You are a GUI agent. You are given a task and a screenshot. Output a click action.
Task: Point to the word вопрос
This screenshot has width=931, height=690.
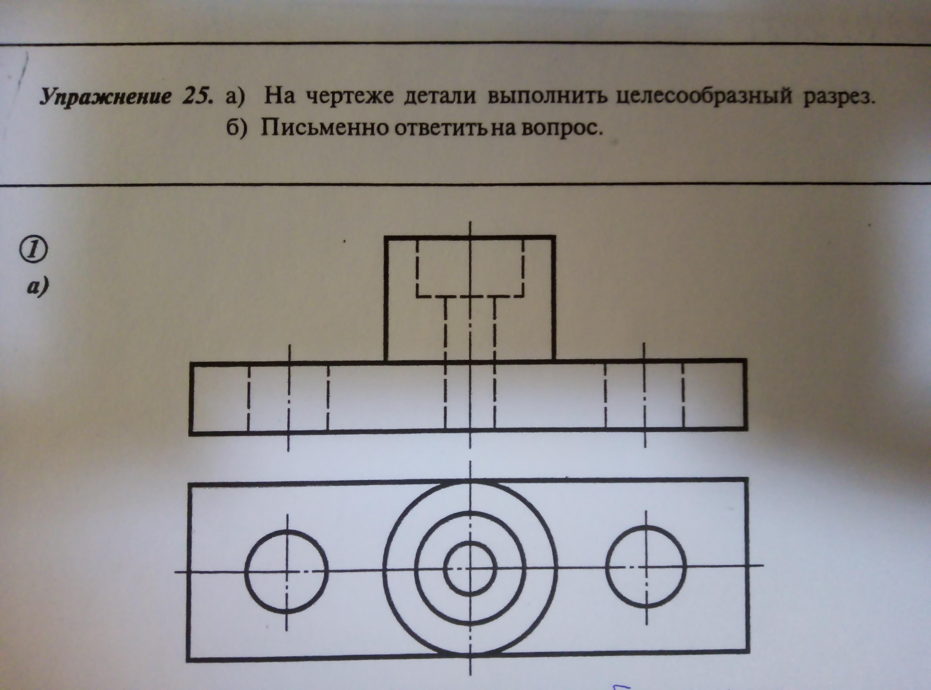pyautogui.click(x=562, y=129)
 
